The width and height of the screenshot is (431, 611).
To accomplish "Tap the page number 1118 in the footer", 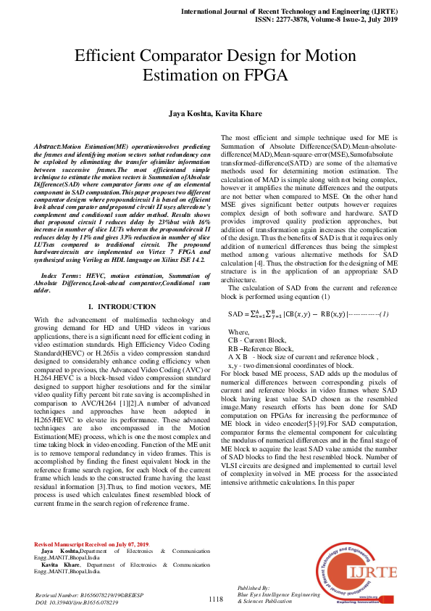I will pyautogui.click(x=215, y=599).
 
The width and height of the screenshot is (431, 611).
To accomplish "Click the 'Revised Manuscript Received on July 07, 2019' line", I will pyautogui.click(x=92, y=564).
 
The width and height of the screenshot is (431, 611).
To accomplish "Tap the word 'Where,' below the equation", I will pyautogui.click(x=238, y=331).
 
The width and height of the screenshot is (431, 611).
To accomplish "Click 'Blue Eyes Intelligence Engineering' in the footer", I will pyautogui.click(x=278, y=594).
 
